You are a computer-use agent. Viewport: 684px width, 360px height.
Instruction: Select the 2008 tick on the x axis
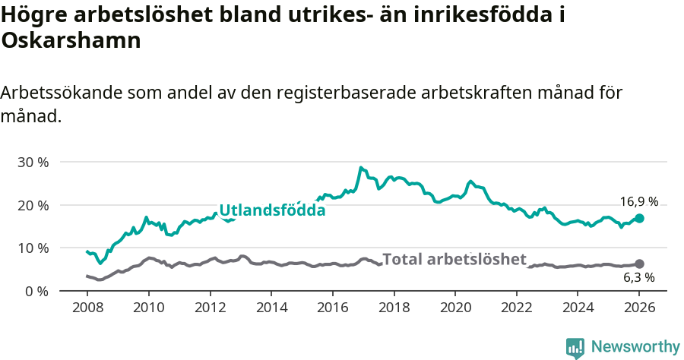click(87, 308)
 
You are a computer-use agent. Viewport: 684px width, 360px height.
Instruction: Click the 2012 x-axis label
click(210, 308)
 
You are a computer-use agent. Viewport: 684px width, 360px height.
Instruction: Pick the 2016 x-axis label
click(332, 308)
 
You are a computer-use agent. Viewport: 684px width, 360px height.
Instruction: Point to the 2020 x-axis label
click(455, 308)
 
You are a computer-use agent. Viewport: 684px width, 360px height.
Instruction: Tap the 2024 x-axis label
click(578, 308)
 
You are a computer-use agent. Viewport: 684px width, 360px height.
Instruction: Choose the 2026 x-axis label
click(639, 308)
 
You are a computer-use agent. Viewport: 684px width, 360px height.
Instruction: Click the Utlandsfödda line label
click(272, 210)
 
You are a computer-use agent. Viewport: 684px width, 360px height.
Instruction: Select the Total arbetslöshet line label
click(454, 259)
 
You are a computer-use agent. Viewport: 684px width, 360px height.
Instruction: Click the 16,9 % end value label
click(638, 202)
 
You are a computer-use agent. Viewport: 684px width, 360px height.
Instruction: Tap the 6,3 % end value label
click(638, 279)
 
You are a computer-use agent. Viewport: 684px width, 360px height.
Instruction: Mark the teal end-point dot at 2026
click(639, 218)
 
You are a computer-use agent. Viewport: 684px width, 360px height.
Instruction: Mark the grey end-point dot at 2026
click(639, 264)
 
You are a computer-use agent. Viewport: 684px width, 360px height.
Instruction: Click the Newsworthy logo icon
click(575, 347)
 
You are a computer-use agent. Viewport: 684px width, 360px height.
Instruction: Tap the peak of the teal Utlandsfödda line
click(361, 168)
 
